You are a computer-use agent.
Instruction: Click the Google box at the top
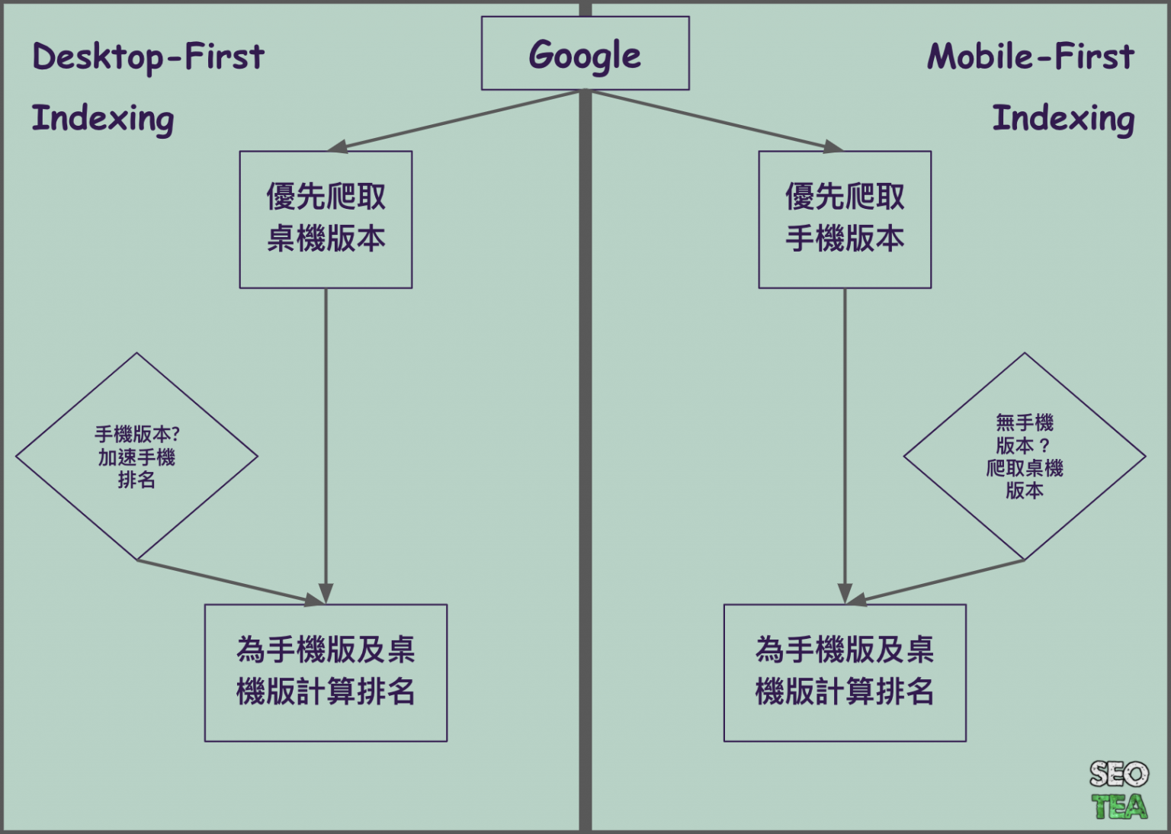coord(585,53)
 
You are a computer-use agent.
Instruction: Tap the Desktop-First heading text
coord(149,57)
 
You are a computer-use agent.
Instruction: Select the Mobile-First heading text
coord(1031,56)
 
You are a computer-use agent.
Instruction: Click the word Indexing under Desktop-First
coord(103,120)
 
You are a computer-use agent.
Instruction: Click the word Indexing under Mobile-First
coord(1064,120)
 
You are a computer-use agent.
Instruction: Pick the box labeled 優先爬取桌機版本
coord(326,220)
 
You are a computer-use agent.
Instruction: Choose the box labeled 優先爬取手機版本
coord(845,220)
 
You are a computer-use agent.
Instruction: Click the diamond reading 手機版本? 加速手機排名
coord(136,457)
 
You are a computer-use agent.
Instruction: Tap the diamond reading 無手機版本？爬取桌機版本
coord(1025,457)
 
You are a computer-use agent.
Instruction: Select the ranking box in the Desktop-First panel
coord(326,673)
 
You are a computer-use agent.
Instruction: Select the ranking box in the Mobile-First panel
coord(845,673)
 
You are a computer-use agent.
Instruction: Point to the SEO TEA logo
coord(1118,790)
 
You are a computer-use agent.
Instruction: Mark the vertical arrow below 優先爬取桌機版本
coord(326,446)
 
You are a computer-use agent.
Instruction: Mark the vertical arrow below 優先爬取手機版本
coord(845,446)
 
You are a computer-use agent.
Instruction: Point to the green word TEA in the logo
coord(1119,806)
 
